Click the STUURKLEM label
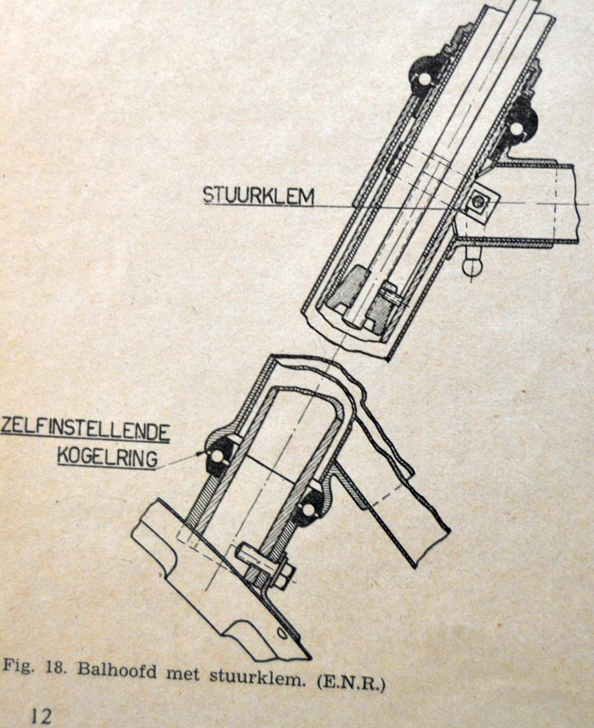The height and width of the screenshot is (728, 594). [258, 196]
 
